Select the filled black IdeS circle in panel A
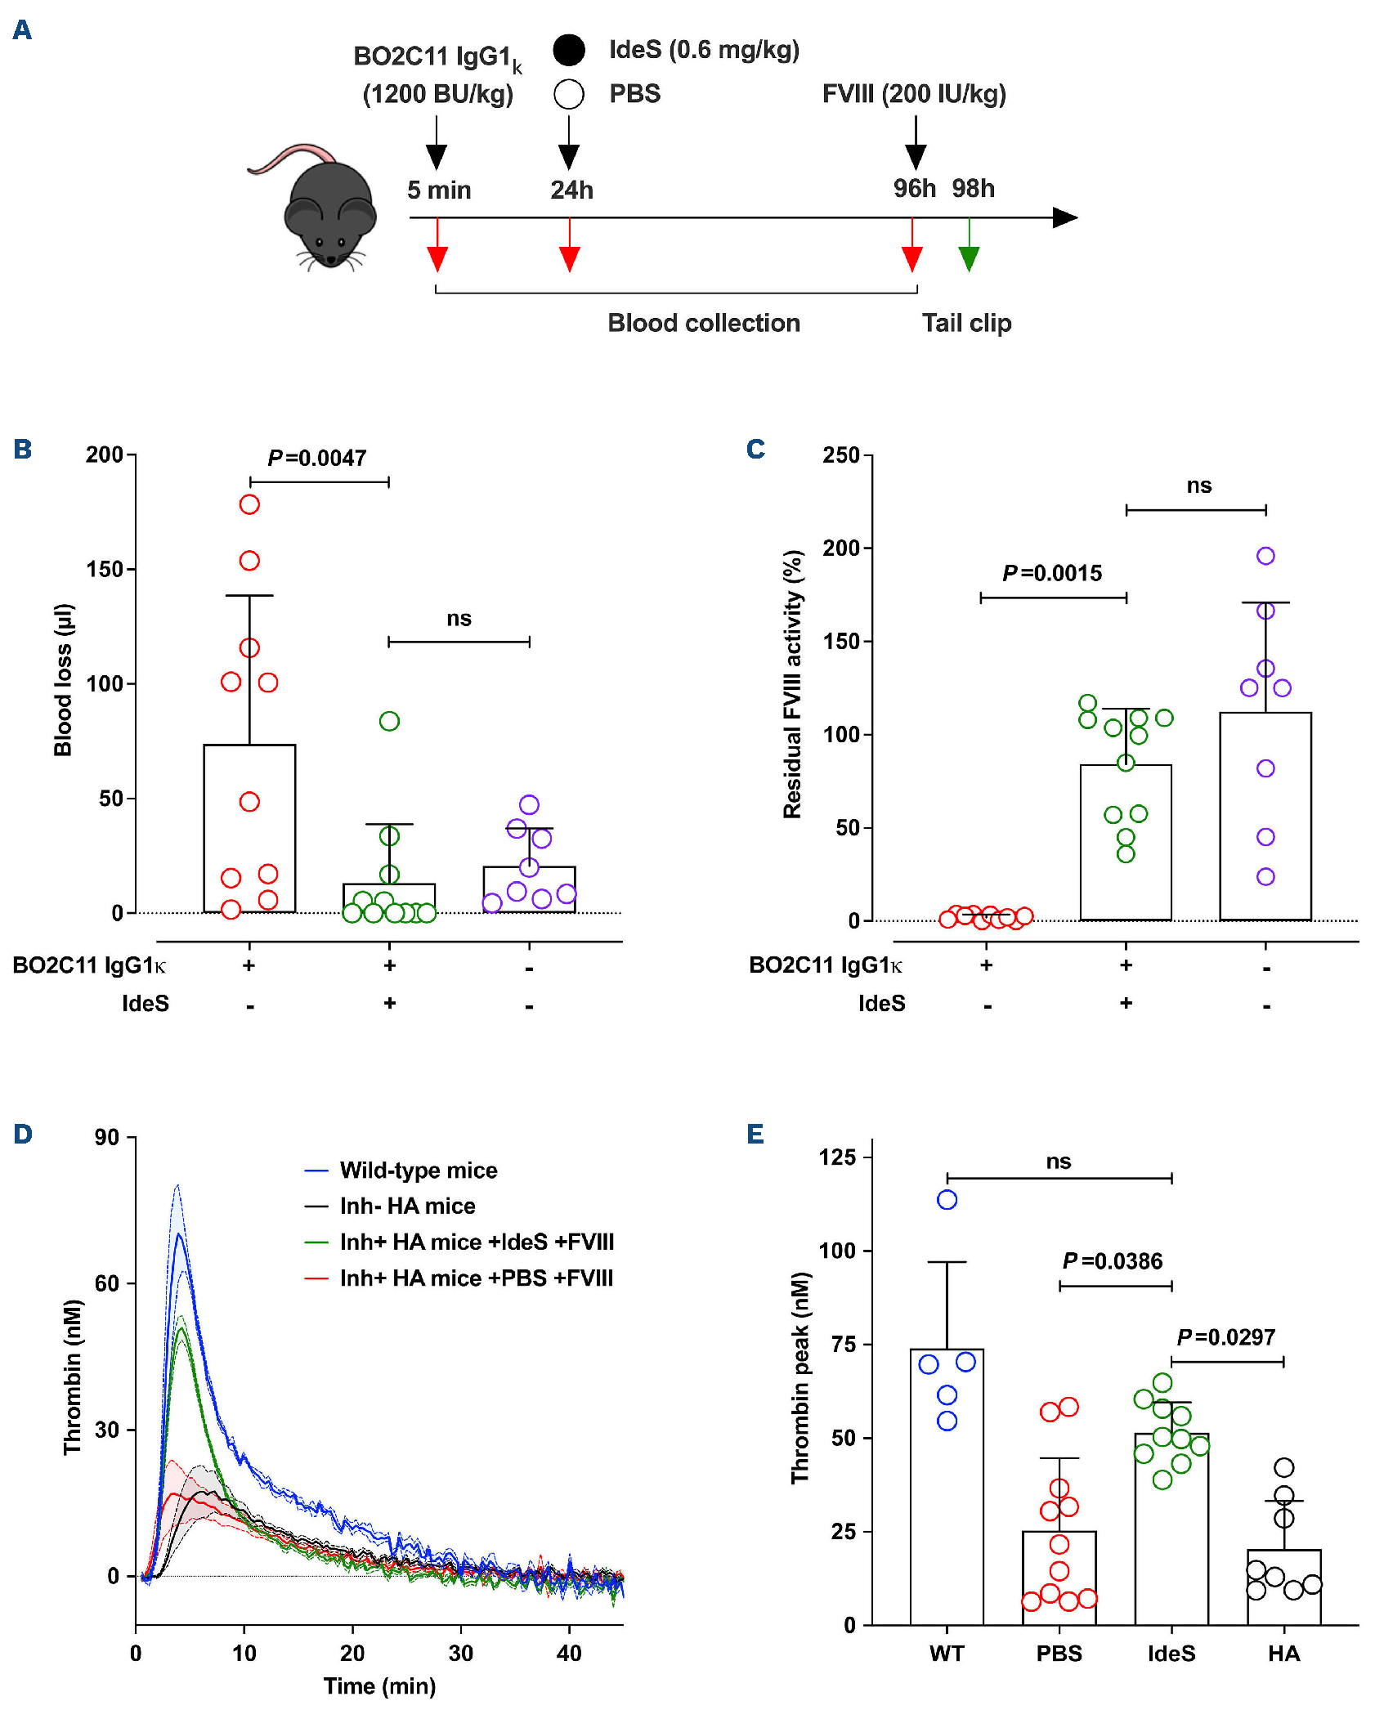[x=569, y=50]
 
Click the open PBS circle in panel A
[x=569, y=94]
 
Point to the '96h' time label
[x=914, y=189]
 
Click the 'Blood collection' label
[x=703, y=323]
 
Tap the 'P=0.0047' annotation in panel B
[x=317, y=458]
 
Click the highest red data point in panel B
[x=249, y=504]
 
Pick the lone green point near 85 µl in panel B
[x=389, y=721]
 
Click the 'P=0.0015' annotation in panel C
[x=1052, y=573]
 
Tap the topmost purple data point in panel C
[x=1265, y=556]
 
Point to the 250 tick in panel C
[x=841, y=455]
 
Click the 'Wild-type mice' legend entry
[x=418, y=1171]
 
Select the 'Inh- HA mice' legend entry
[x=407, y=1206]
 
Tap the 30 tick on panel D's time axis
[x=461, y=1654]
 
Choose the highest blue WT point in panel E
[x=947, y=1200]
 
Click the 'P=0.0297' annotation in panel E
[x=1225, y=1337]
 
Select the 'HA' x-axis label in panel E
[x=1283, y=1654]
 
